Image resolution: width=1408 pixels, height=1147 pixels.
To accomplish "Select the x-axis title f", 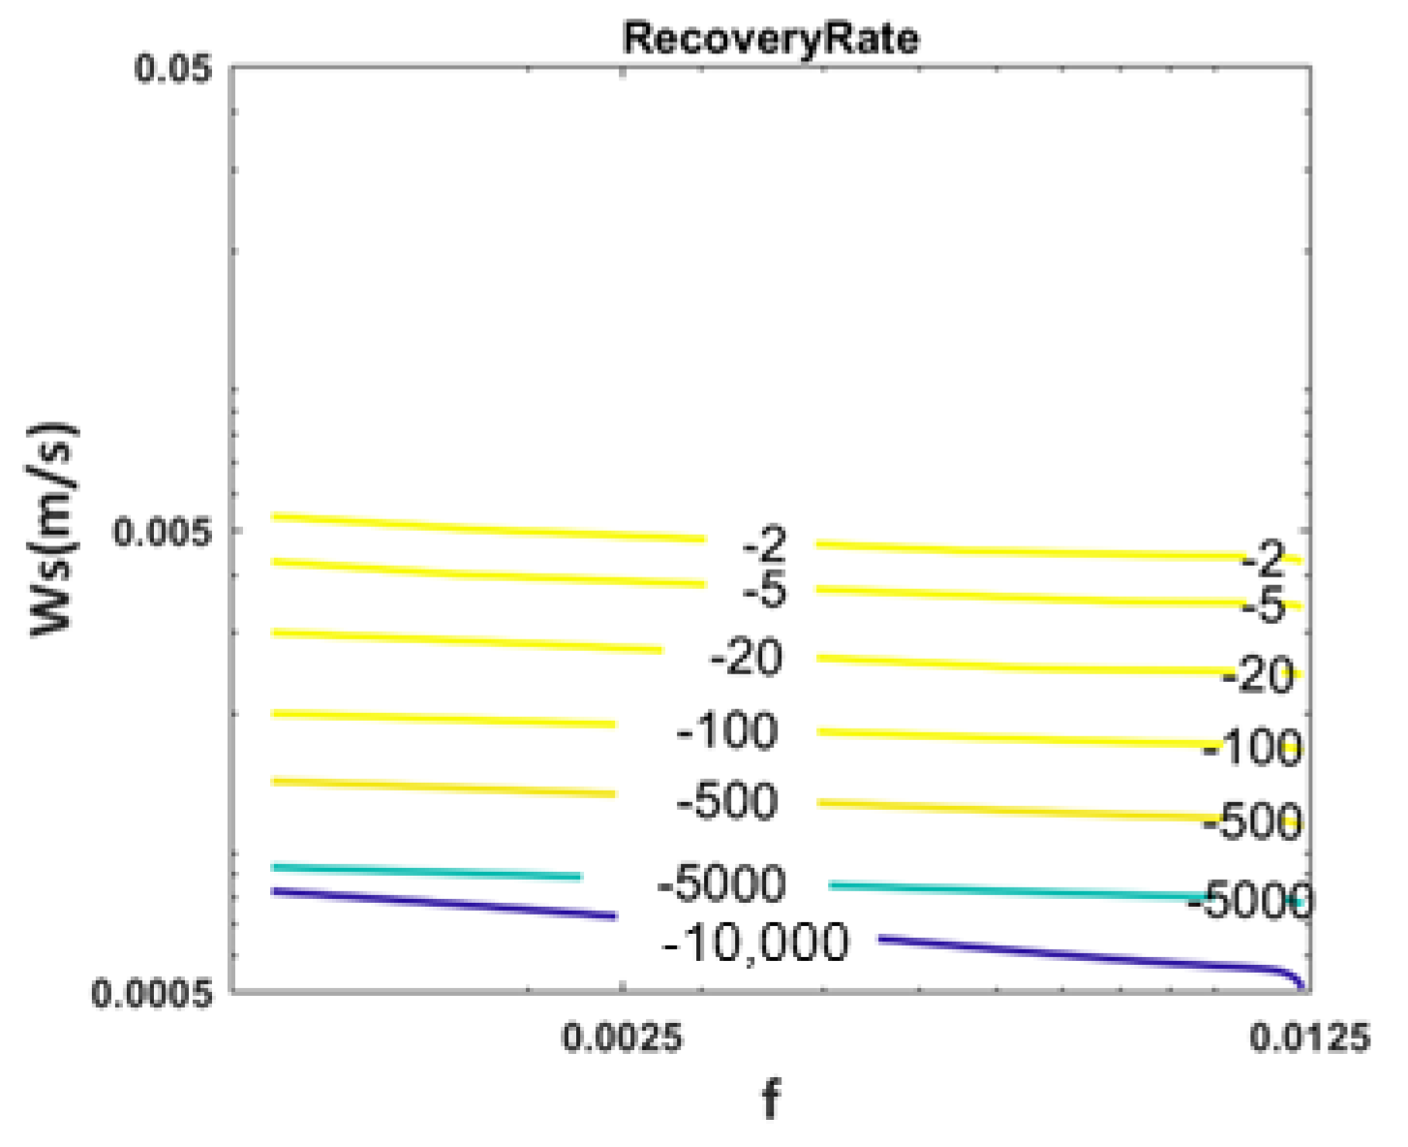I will point(771,1100).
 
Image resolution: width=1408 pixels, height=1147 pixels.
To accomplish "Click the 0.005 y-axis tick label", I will point(163,531).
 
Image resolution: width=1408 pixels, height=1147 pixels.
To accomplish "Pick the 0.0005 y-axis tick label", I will point(152,993).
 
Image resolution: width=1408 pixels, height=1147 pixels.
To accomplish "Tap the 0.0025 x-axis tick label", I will point(623,1038).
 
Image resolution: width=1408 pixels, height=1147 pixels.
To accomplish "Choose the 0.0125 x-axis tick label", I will point(1309,1038).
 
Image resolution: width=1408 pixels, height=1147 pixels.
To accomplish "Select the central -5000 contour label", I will point(721,883).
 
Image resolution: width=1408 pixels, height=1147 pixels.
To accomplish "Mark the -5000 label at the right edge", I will point(1250,901).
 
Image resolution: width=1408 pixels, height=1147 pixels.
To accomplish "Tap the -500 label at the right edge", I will point(1252,821).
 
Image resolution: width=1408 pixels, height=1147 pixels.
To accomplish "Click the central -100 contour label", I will point(727,730).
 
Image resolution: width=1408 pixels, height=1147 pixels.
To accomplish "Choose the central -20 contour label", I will point(746,659).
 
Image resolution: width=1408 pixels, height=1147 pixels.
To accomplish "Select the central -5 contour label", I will point(765,590).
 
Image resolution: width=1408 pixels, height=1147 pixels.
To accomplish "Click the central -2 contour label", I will point(765,545).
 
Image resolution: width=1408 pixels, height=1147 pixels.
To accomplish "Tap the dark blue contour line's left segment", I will point(445,903).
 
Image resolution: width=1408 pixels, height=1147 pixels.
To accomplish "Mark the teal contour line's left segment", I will point(426,872).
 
